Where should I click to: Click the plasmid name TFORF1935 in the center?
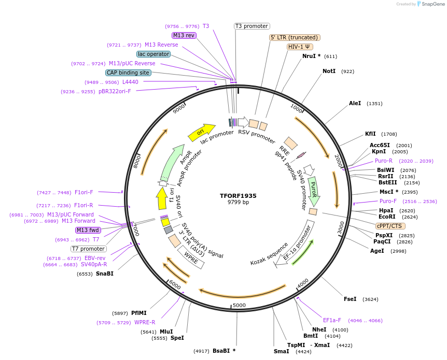pyautogui.click(x=238, y=196)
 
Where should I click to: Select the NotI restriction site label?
pyautogui.click(x=329, y=71)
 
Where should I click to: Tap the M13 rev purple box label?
pyautogui.click(x=184, y=35)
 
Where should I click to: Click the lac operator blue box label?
pyautogui.click(x=153, y=54)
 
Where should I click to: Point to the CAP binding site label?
pyautogui.click(x=128, y=73)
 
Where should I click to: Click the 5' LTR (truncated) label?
pyautogui.click(x=295, y=37)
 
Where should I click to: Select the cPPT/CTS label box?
pyautogui.click(x=390, y=226)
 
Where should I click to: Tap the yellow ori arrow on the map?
pyautogui.click(x=201, y=133)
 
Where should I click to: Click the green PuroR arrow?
pyautogui.click(x=313, y=190)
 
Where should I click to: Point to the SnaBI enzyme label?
pyautogui.click(x=104, y=273)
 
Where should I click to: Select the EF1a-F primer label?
pyautogui.click(x=332, y=320)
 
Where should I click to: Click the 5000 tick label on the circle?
pyautogui.click(x=239, y=305)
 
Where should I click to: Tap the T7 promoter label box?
pyautogui.click(x=89, y=249)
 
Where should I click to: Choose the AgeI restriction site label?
pyautogui.click(x=377, y=251)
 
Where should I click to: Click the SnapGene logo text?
pyautogui.click(x=431, y=4)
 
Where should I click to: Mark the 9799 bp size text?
pyautogui.click(x=238, y=202)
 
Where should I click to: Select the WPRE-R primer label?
pyautogui.click(x=145, y=322)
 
